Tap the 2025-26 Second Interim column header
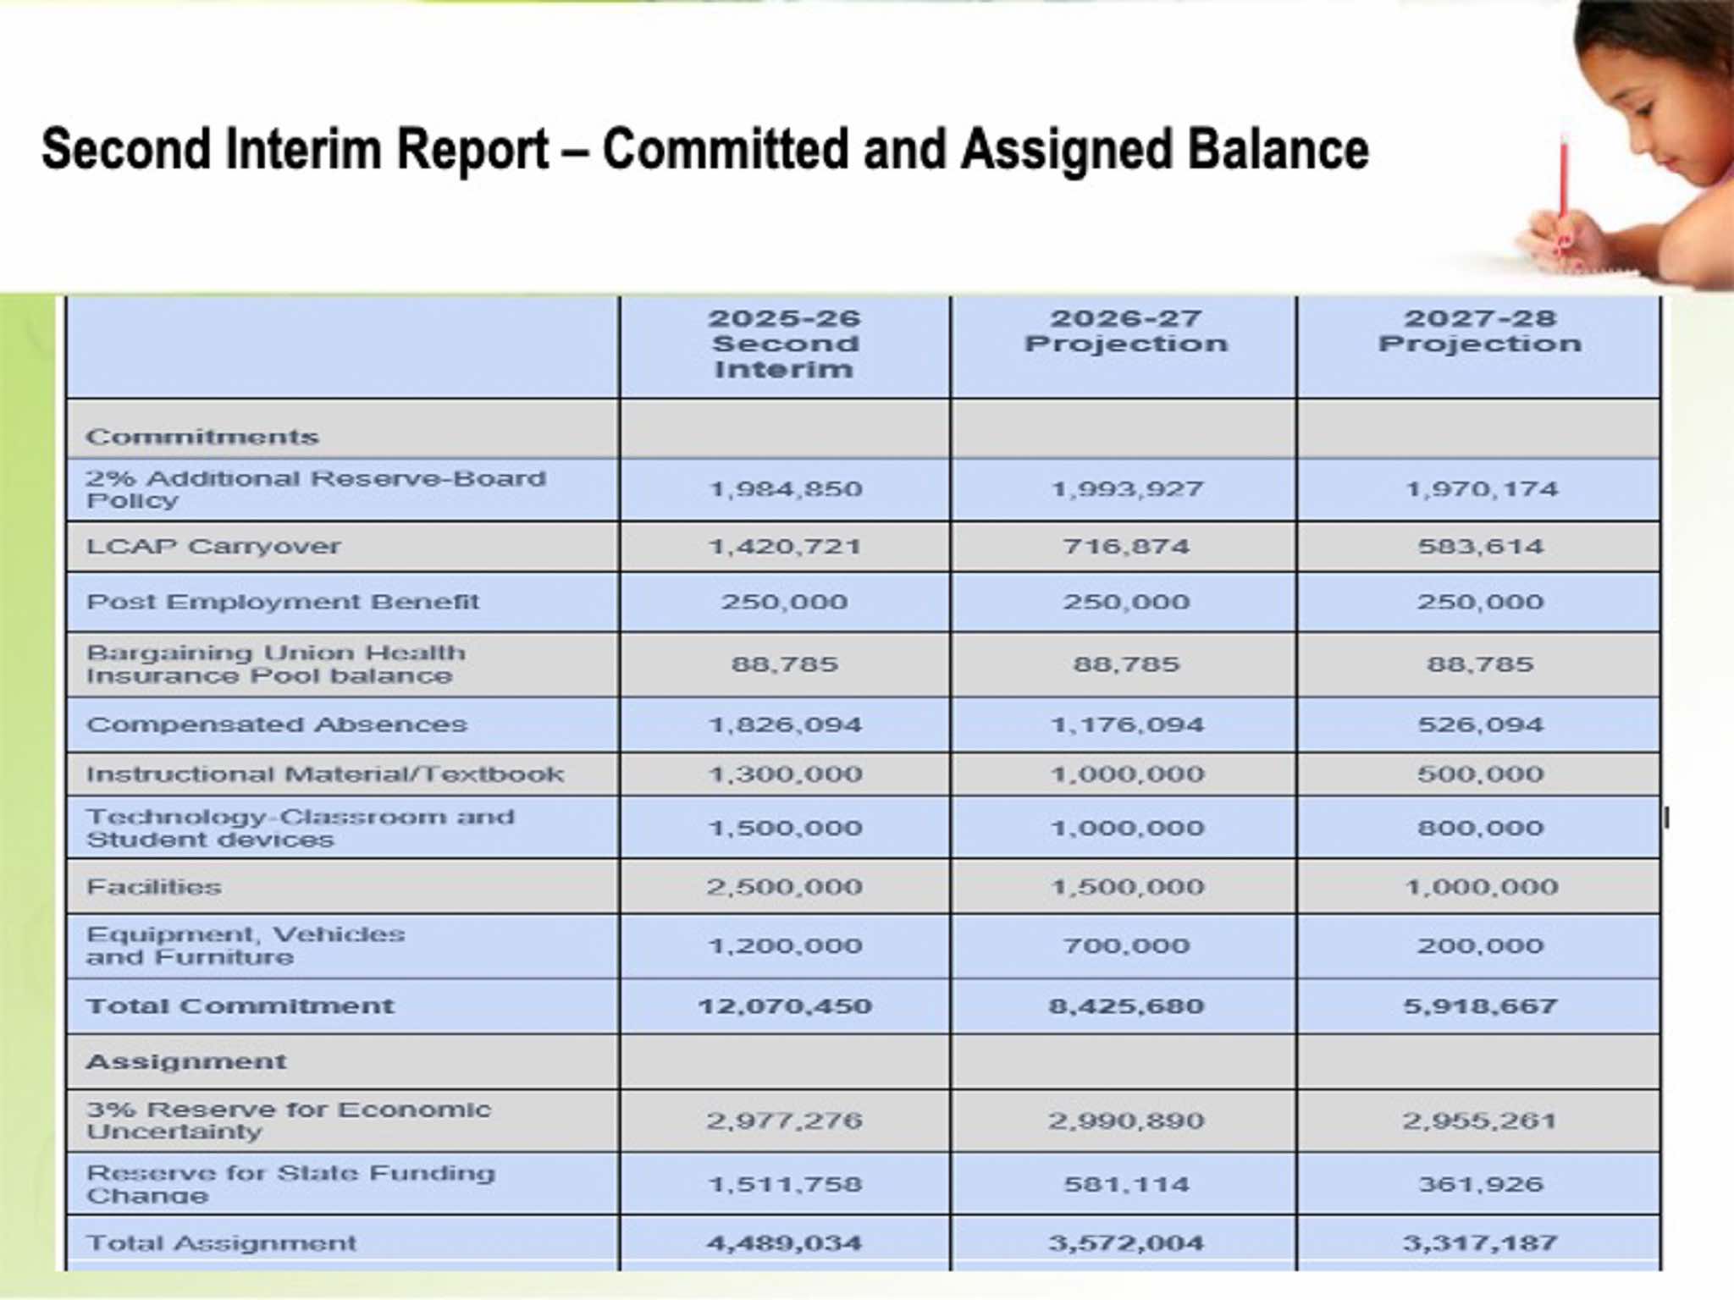pyautogui.click(x=785, y=344)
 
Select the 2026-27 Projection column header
pyautogui.click(x=1125, y=331)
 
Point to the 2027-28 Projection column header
pyautogui.click(x=1479, y=331)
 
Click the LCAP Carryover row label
pyautogui.click(x=213, y=547)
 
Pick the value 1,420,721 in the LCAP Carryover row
pyautogui.click(x=785, y=547)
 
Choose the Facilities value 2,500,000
pyautogui.click(x=785, y=887)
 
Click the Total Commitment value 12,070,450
pyautogui.click(x=785, y=1006)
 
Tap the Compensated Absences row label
pyautogui.click(x=276, y=725)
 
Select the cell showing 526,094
pyautogui.click(x=1480, y=725)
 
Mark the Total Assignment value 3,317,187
pyautogui.click(x=1480, y=1243)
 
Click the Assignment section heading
pyautogui.click(x=186, y=1062)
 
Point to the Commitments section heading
pyautogui.click(x=202, y=437)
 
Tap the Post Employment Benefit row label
pyautogui.click(x=283, y=603)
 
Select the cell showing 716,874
pyautogui.click(x=1126, y=547)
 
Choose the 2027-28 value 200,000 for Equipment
pyautogui.click(x=1480, y=946)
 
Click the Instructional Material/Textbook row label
pyautogui.click(x=325, y=774)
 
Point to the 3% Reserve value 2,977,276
pyautogui.click(x=785, y=1121)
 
